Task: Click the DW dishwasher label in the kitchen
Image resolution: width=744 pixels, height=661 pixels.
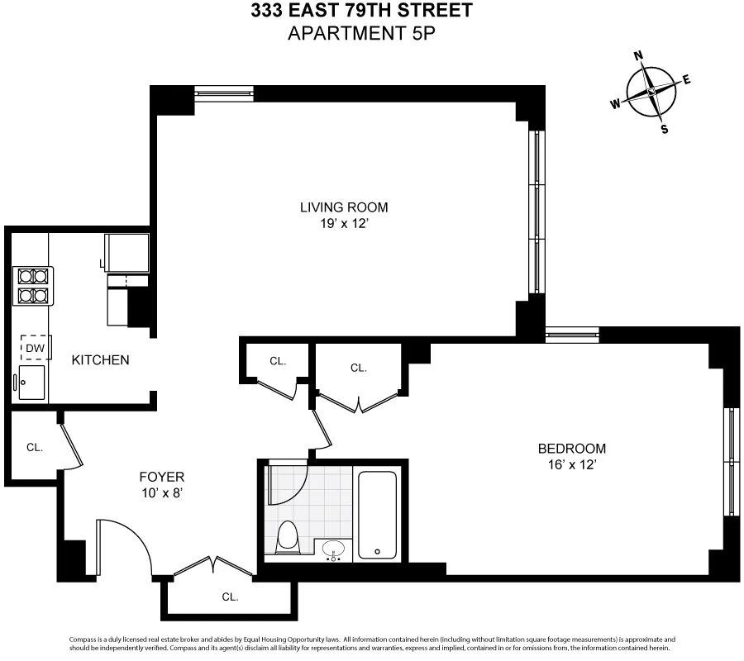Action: (x=34, y=349)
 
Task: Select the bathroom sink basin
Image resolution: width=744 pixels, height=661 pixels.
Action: (x=335, y=549)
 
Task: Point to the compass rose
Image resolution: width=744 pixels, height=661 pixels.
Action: (x=651, y=92)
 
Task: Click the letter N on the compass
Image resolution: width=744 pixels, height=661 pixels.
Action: (x=637, y=56)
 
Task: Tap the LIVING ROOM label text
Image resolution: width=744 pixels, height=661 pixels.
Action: (x=343, y=207)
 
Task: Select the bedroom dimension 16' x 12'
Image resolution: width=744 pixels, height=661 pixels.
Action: (x=571, y=464)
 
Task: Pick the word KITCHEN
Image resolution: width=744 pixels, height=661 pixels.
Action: (x=100, y=360)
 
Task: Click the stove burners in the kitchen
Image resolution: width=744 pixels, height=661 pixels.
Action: (x=31, y=285)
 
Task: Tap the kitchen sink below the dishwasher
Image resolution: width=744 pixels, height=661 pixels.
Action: (x=32, y=383)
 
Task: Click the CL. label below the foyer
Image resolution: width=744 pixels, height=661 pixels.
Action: (x=230, y=597)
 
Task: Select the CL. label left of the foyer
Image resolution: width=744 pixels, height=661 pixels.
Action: (x=34, y=447)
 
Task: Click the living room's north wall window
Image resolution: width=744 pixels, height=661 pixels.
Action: (x=224, y=93)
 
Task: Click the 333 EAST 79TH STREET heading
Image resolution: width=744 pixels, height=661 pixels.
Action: (x=361, y=11)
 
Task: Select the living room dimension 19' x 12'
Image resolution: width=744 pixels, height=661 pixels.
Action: (x=343, y=224)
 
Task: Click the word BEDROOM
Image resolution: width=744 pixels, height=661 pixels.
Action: (x=571, y=449)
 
